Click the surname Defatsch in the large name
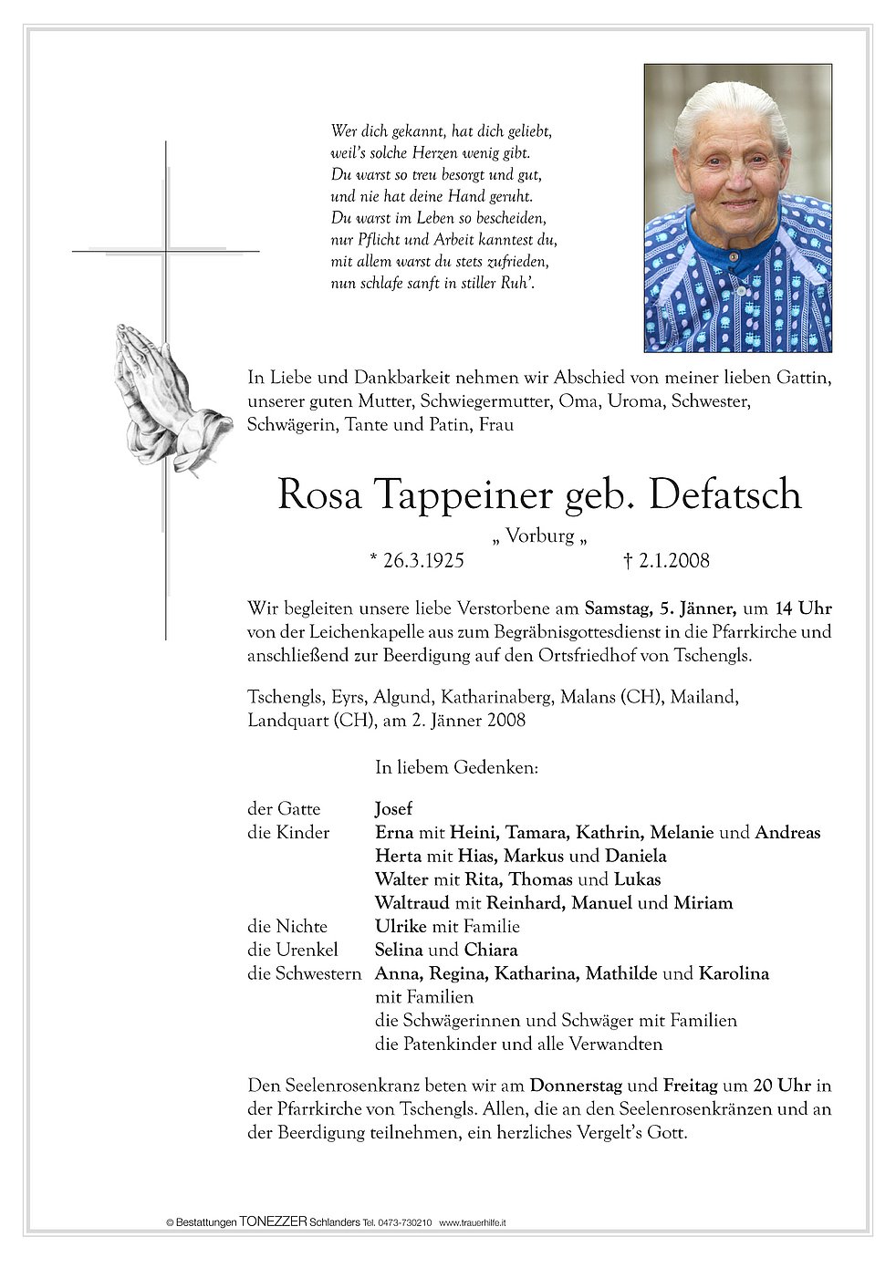tap(726, 495)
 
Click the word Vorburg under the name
tap(539, 536)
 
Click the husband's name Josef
tap(393, 809)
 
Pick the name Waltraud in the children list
tap(412, 904)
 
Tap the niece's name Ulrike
tap(401, 927)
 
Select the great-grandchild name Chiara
tap(490, 951)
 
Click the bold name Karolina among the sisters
tap(734, 974)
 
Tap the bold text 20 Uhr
tap(782, 1086)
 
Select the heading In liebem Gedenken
tap(456, 768)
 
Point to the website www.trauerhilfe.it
tap(473, 1222)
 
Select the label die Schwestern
tap(305, 974)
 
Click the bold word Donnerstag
tap(576, 1086)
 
